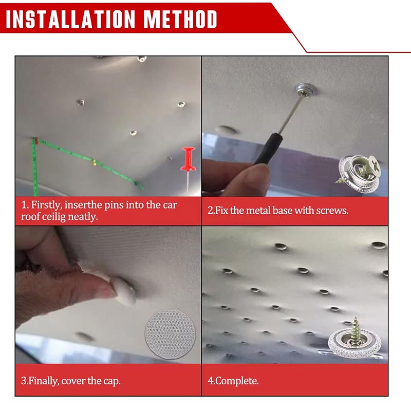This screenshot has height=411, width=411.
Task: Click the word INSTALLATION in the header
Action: [x=70, y=19]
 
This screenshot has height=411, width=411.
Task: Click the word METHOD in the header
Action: [x=180, y=19]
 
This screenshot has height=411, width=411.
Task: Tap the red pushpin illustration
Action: [x=188, y=168]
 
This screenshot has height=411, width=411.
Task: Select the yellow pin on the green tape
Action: [x=94, y=162]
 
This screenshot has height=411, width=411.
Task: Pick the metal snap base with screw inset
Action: [x=358, y=173]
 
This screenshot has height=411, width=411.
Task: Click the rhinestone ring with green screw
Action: [x=354, y=338]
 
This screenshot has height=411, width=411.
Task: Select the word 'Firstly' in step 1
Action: [x=47, y=205]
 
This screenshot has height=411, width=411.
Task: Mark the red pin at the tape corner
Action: [x=37, y=141]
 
